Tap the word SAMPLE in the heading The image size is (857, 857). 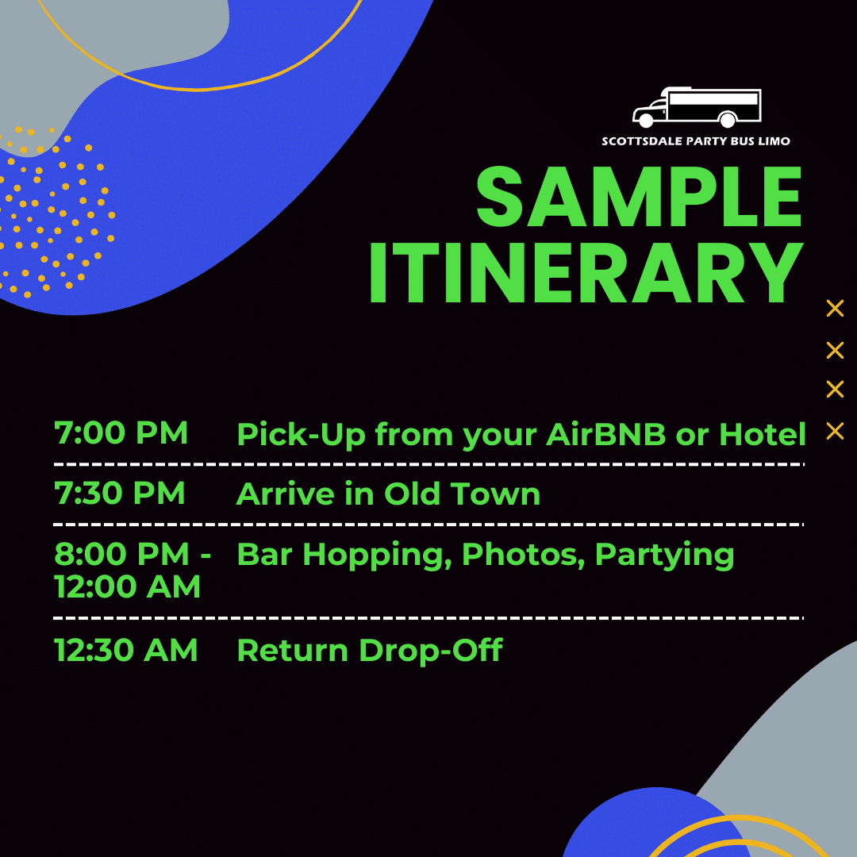[639, 197]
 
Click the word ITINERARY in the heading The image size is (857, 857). [586, 273]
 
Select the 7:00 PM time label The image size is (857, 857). [121, 433]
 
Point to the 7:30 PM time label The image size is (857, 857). [120, 493]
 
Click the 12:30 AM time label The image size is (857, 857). [125, 650]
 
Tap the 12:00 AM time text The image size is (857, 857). [127, 587]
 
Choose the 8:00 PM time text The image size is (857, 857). [121, 554]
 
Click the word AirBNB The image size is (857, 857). [605, 434]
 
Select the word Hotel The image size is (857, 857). [763, 434]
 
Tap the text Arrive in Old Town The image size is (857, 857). [388, 494]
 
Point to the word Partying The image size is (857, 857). [665, 556]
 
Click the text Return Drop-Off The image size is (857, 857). [370, 650]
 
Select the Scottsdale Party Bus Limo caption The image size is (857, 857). [696, 141]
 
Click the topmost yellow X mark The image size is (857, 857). [835, 308]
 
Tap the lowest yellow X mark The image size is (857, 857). [835, 431]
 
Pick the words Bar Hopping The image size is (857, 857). [344, 555]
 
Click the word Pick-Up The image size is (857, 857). [302, 435]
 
